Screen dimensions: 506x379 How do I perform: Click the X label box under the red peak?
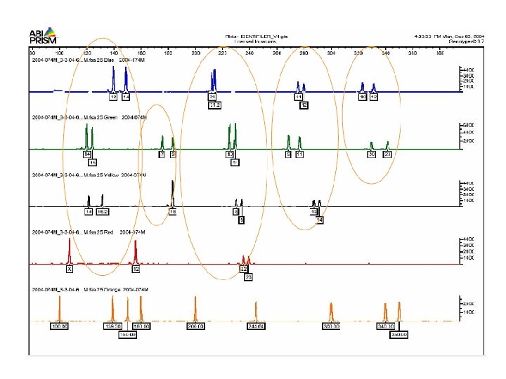pos(70,269)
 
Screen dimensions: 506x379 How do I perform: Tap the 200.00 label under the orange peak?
pos(195,326)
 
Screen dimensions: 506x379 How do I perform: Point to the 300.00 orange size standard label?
pos(331,326)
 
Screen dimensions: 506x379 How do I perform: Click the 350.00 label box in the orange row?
pos(399,334)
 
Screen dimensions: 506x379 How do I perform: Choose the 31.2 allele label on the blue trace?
pos(214,105)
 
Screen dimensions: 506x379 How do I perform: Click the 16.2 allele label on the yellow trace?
pos(103,211)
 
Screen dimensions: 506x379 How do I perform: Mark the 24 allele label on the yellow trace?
pos(320,220)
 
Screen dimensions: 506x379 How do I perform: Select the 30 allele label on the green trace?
pos(372,154)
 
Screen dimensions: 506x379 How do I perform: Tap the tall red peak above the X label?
pos(69,249)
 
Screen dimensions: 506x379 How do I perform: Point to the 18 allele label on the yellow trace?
pos(172,211)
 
